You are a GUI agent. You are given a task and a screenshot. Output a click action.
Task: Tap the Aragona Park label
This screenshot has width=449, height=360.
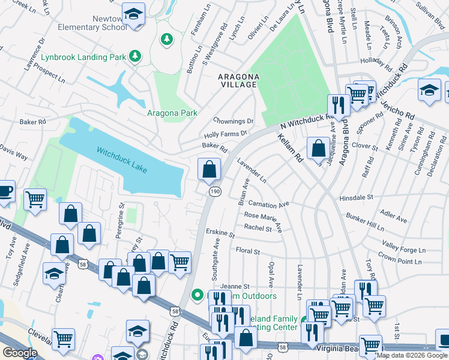[x=172, y=113]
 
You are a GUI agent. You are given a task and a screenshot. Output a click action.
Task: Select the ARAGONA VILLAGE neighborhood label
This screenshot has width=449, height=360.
[x=238, y=81]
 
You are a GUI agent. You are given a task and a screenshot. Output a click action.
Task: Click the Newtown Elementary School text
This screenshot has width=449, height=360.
[x=92, y=23]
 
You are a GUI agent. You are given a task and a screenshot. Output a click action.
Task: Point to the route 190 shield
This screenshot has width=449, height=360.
[x=214, y=191]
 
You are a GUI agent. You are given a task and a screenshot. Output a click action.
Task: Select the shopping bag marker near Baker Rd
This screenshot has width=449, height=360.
[x=209, y=169]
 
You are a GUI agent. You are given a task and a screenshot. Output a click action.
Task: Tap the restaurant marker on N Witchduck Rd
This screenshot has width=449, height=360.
[x=339, y=106]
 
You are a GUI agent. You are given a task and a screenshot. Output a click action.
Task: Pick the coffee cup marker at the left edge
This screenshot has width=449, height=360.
[x=5, y=191]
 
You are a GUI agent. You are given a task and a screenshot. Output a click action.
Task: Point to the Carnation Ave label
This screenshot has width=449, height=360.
[x=268, y=204]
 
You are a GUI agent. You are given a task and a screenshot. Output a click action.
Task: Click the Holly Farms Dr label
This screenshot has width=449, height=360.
[x=225, y=134]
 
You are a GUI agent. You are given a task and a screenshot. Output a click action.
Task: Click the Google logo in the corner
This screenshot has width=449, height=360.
[x=19, y=353]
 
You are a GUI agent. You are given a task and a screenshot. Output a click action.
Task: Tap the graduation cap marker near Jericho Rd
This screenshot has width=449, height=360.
[x=429, y=91]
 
